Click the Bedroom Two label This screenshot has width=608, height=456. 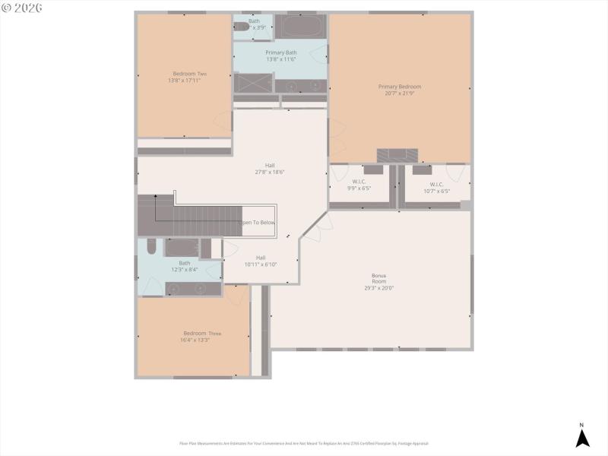pos(190,74)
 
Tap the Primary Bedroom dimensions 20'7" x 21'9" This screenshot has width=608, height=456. pos(400,93)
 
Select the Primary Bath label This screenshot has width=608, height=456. pos(280,52)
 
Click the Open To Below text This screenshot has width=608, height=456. pos(258,223)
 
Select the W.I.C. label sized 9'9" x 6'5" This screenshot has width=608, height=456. pos(359,182)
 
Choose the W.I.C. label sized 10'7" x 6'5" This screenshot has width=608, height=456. pos(436,184)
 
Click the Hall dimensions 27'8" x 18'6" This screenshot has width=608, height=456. pos(270,173)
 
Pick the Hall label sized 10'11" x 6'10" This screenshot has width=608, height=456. pos(261,258)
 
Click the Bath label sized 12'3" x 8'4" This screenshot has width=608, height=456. pos(185,263)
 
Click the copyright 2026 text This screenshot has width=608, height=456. pos(22,8)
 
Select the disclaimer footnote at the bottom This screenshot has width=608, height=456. pos(304,443)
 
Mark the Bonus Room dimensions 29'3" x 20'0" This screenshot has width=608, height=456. pos(378,288)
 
